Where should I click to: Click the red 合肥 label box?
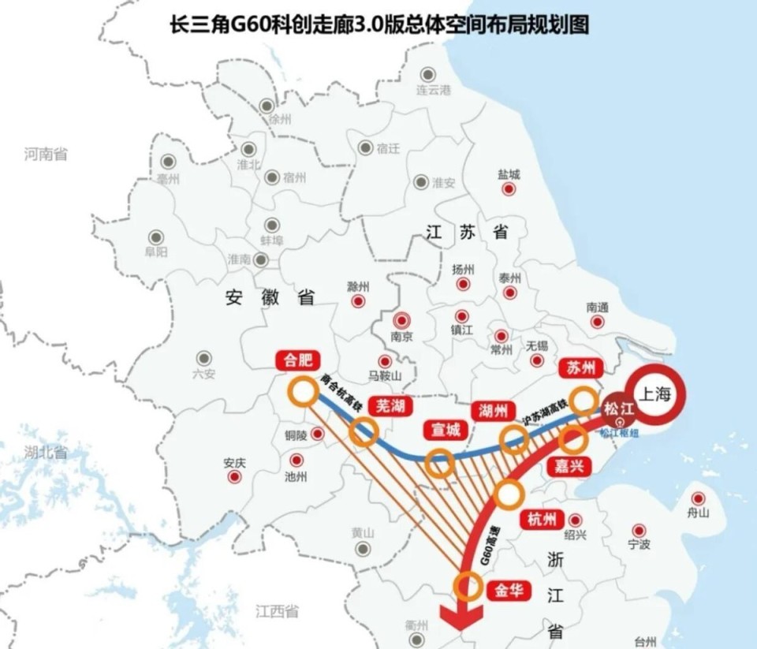(x=297, y=361)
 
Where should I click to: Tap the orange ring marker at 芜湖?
(x=364, y=433)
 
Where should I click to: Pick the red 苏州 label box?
(x=580, y=368)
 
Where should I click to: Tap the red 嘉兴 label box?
(x=569, y=466)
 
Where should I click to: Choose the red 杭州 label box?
(x=543, y=520)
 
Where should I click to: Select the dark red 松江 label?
(x=618, y=409)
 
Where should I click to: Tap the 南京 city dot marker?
(x=402, y=320)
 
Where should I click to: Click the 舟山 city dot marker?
(x=698, y=498)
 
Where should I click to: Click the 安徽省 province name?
(x=270, y=297)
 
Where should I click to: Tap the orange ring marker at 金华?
(x=469, y=587)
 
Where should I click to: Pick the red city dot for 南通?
(x=597, y=322)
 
